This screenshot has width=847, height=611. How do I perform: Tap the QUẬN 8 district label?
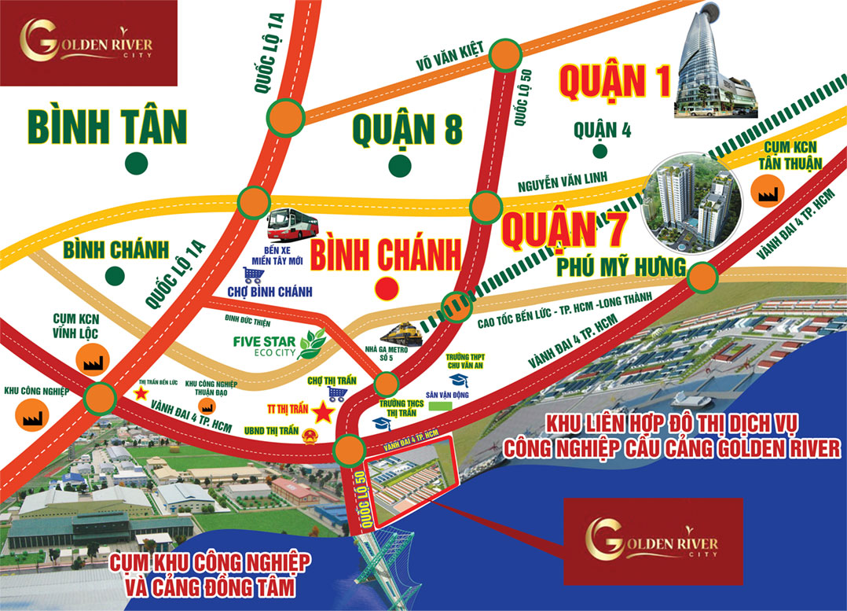point(407,129)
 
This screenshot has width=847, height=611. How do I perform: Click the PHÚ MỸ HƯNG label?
point(619,267)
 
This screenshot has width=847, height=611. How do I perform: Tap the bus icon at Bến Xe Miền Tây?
point(292,225)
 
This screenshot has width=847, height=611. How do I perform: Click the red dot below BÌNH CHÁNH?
point(386,289)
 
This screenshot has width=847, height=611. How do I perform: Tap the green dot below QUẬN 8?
point(401,165)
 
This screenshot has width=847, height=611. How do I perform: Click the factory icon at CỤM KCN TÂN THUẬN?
point(765,190)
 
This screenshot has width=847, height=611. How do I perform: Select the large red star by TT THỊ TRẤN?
point(322,411)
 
